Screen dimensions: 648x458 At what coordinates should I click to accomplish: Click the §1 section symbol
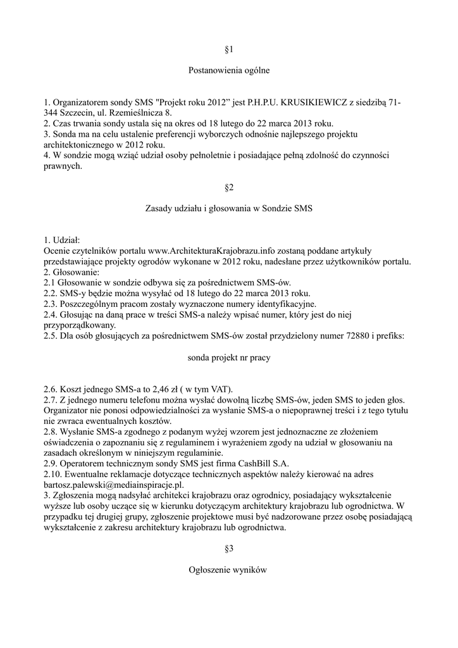(229, 49)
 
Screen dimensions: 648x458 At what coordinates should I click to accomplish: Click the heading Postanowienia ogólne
(229, 71)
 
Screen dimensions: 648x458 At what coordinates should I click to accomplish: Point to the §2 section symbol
(229, 187)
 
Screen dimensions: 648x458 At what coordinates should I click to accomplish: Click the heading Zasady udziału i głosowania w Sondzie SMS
(229, 209)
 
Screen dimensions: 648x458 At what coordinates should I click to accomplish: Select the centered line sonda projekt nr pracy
(229, 358)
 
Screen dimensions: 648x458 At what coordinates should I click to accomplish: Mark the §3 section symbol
(229, 549)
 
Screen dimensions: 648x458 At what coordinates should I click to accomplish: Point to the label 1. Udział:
(62, 240)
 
